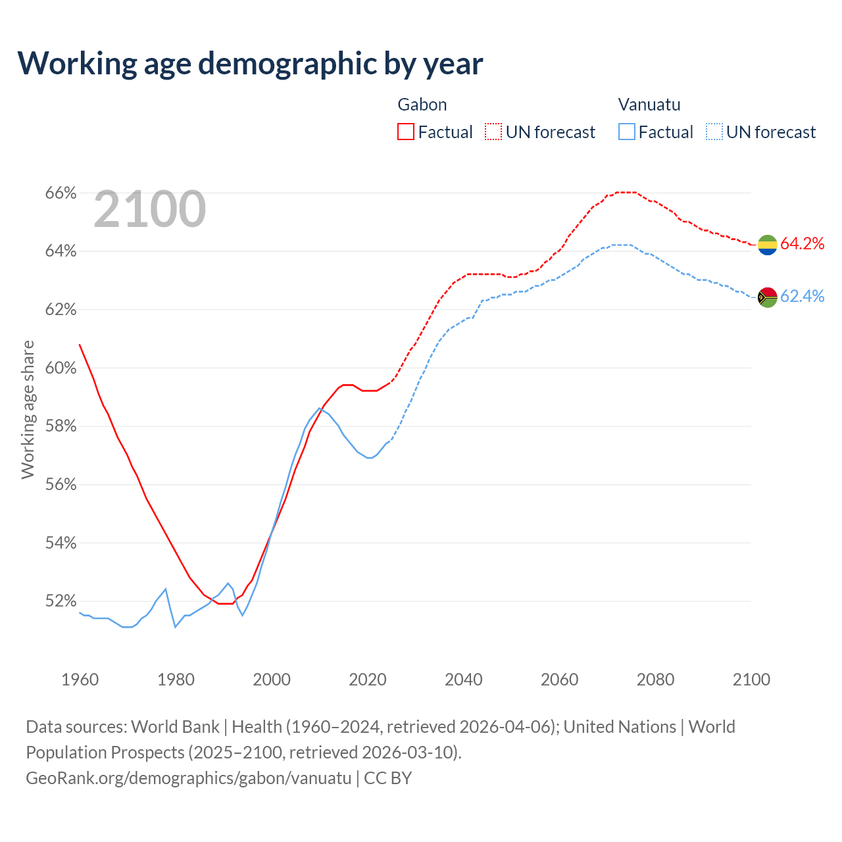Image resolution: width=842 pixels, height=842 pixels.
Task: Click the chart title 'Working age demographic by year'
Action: pyautogui.click(x=250, y=63)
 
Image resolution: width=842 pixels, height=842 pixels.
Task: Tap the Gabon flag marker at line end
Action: pyautogui.click(x=768, y=245)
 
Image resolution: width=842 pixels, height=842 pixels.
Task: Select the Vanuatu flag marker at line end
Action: pyautogui.click(x=768, y=297)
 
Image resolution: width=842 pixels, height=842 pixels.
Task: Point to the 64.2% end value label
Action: pyautogui.click(x=802, y=244)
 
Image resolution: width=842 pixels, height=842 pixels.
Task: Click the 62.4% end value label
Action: pyautogui.click(x=802, y=297)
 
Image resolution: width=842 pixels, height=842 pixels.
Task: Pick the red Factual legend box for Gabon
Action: pyautogui.click(x=406, y=132)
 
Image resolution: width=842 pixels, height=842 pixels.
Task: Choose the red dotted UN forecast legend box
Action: pyautogui.click(x=493, y=132)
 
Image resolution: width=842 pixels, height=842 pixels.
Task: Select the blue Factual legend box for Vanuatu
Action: pyautogui.click(x=627, y=132)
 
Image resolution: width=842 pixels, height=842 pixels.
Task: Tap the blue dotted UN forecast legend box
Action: pyautogui.click(x=714, y=132)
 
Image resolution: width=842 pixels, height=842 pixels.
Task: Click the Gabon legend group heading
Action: pyautogui.click(x=422, y=105)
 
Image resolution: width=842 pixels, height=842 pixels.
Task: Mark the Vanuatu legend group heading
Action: pyautogui.click(x=649, y=105)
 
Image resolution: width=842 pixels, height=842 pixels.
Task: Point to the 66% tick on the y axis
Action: pyautogui.click(x=61, y=193)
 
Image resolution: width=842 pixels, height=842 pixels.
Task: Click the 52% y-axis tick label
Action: pyautogui.click(x=61, y=601)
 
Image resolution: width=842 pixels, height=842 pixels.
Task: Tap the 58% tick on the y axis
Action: pyautogui.click(x=61, y=426)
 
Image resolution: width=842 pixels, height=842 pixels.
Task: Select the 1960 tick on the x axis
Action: pyautogui.click(x=80, y=680)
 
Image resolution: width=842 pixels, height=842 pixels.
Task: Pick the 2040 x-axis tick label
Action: pyautogui.click(x=464, y=680)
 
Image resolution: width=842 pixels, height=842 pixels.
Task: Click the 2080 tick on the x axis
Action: pyautogui.click(x=655, y=680)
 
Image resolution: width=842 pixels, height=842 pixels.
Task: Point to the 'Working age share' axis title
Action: pyautogui.click(x=28, y=409)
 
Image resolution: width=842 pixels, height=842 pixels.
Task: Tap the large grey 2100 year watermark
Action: pyautogui.click(x=150, y=209)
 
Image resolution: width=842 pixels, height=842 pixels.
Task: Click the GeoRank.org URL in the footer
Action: pyautogui.click(x=189, y=778)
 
